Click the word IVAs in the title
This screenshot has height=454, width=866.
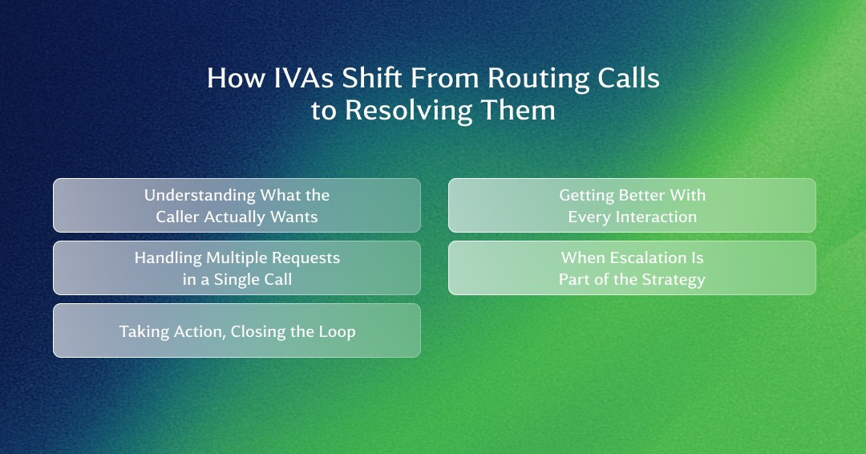(303, 78)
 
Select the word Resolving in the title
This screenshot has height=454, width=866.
(409, 111)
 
